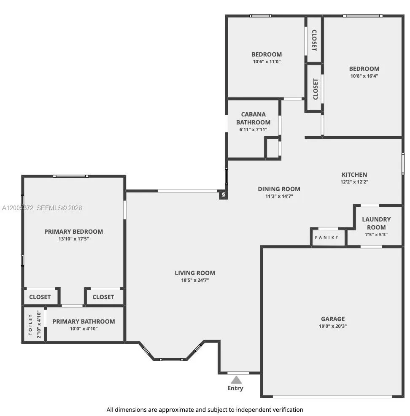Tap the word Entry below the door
coord(235,388)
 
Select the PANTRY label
coord(326,238)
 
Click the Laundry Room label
coord(376,223)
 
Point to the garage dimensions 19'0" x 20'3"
coord(332,326)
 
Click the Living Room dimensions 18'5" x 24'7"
coord(192,280)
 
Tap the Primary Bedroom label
coord(73,232)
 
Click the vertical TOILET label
coord(30,324)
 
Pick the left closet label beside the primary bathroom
coord(40,297)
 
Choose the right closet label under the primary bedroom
coord(103,297)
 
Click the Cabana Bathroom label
coord(253,118)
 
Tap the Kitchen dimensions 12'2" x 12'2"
coord(354,182)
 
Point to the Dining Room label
coord(279,189)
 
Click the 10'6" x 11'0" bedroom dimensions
coord(267,62)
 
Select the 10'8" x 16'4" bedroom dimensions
coord(364,76)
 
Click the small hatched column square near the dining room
coord(223,195)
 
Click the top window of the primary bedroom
coord(70,176)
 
